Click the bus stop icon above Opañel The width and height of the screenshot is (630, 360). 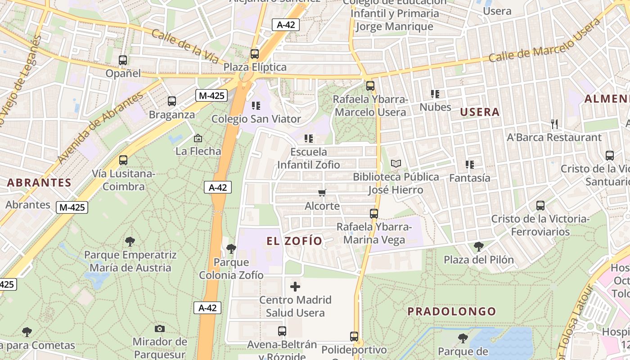123,60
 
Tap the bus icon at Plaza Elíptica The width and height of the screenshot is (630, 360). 255,54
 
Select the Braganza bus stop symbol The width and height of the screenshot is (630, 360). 172,101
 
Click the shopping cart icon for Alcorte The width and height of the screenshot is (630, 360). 322,193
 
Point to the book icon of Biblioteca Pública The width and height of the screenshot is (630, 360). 396,164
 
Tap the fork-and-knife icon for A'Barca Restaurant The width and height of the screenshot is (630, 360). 554,124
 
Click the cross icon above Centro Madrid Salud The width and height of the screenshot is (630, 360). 295,286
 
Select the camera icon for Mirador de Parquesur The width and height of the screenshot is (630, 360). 160,328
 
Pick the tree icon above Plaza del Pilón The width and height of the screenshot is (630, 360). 479,246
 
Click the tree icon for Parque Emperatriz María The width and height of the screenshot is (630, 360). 130,242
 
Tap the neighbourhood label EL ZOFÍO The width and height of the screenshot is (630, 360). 295,241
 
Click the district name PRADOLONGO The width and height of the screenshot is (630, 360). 452,311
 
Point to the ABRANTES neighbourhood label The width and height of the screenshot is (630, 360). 39,183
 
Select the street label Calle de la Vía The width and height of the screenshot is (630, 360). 184,46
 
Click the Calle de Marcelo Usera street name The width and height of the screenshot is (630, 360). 545,40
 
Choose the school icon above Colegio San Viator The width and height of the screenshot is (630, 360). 256,106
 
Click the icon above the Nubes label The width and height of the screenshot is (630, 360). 435,94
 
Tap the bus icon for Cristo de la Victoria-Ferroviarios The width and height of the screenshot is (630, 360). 540,206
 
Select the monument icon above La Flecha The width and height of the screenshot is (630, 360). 198,138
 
